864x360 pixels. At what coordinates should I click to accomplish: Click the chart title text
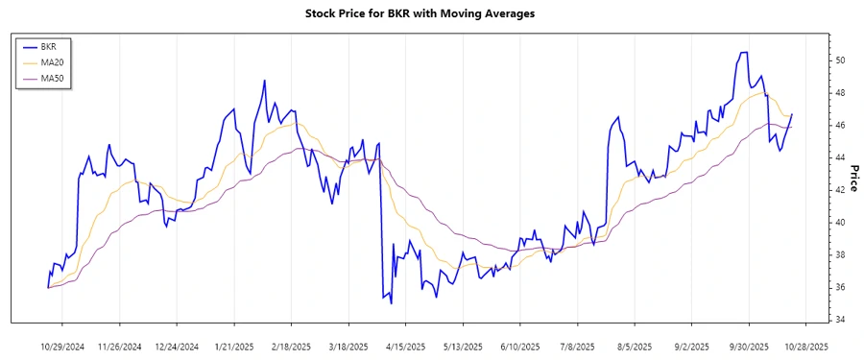[x=433, y=13]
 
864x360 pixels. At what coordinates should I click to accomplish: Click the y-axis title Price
[x=852, y=178]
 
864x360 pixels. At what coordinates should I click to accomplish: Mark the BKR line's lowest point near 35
[x=392, y=303]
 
